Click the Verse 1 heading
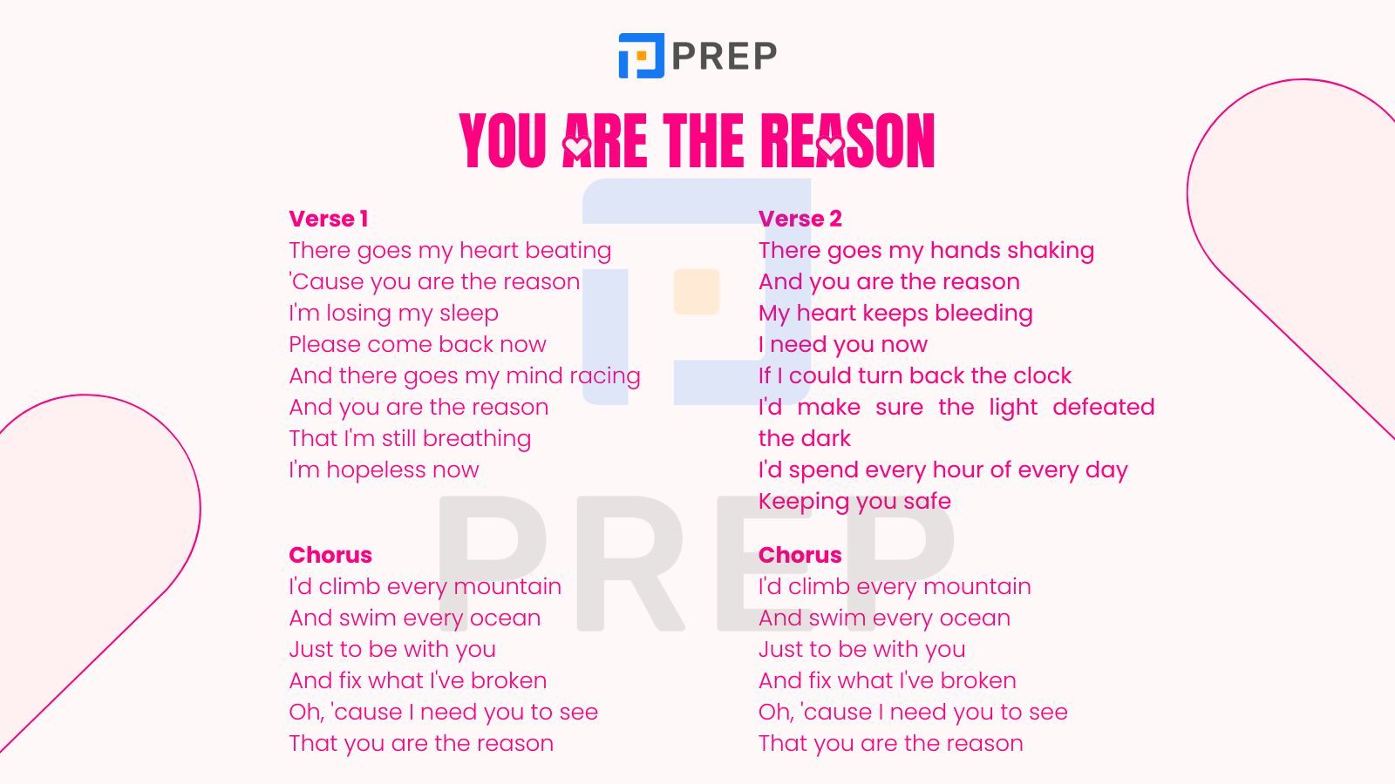(x=328, y=219)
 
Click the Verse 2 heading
(x=800, y=219)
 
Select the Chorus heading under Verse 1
(x=330, y=554)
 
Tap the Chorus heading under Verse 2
(x=800, y=554)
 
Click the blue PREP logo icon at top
(x=642, y=56)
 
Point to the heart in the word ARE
(x=576, y=146)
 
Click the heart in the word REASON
(x=830, y=146)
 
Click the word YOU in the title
(x=502, y=140)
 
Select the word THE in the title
(x=703, y=140)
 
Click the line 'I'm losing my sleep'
(x=393, y=313)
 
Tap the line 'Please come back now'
(x=418, y=344)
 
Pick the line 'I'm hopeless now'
(x=384, y=470)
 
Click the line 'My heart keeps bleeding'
(x=895, y=313)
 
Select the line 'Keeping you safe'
(x=854, y=501)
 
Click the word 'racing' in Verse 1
(x=605, y=375)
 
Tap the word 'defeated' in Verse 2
(x=1104, y=407)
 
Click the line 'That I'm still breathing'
(x=410, y=439)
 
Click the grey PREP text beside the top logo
(x=725, y=56)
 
